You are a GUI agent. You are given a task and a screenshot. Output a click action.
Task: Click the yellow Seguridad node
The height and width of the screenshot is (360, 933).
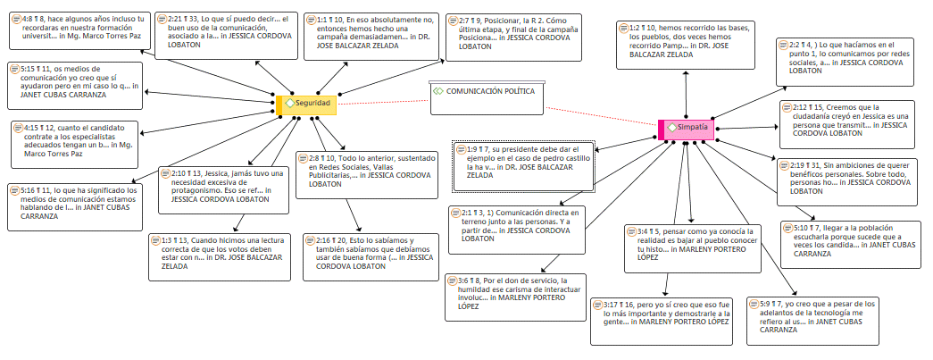coord(307,105)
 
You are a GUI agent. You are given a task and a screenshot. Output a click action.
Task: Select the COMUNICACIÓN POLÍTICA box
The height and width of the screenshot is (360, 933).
coord(487,98)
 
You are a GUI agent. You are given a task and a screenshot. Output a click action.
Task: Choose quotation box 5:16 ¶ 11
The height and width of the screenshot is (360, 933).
coord(74,203)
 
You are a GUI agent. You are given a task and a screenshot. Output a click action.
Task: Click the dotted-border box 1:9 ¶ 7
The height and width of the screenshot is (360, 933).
coord(523,165)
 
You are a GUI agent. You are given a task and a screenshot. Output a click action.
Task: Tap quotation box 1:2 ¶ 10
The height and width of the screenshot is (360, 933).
coord(679,42)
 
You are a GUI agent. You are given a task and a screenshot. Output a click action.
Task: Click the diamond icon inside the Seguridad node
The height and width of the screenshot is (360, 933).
coord(289,105)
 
